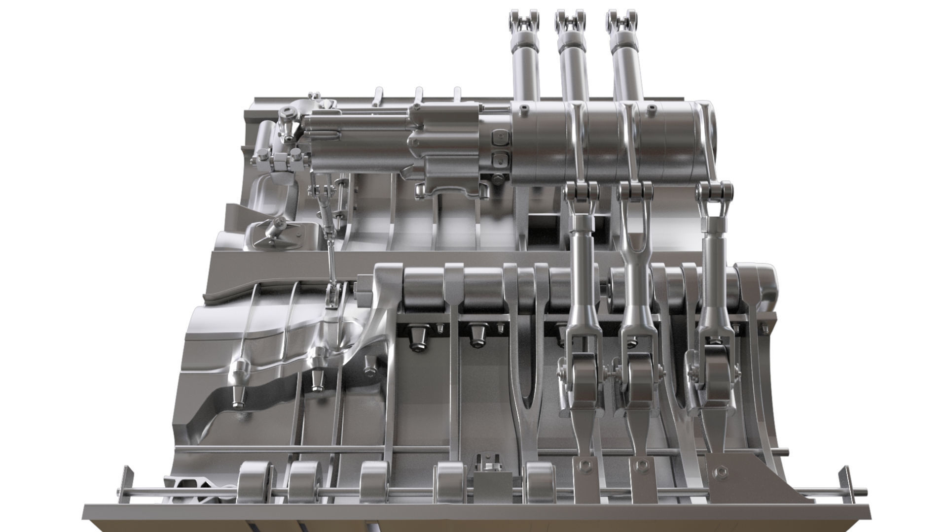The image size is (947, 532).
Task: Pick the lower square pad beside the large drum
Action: pyautogui.click(x=500, y=159)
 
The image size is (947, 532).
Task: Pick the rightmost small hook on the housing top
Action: pyautogui.click(x=457, y=94)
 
